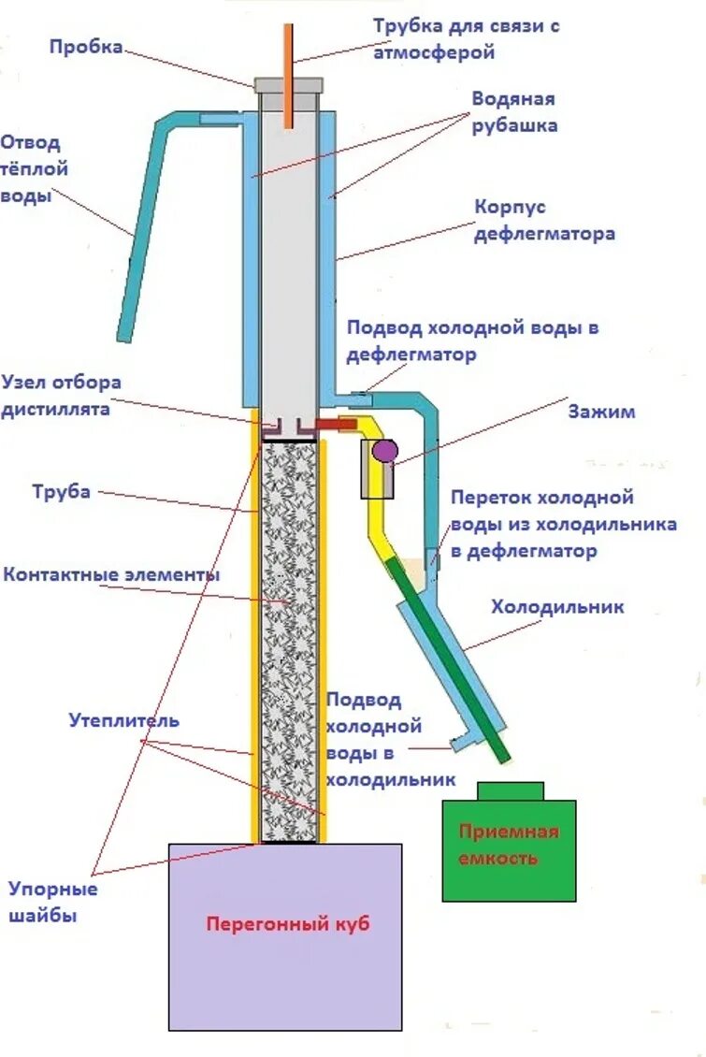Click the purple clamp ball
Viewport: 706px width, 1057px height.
(x=383, y=451)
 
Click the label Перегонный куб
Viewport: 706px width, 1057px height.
(x=288, y=924)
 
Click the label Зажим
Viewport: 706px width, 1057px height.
(x=601, y=412)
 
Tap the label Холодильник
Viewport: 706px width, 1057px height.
(x=557, y=607)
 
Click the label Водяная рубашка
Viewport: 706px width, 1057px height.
(x=514, y=112)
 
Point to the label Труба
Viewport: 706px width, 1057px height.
(x=62, y=490)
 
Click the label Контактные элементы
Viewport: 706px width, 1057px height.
(x=111, y=573)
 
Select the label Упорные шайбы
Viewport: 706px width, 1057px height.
(x=53, y=902)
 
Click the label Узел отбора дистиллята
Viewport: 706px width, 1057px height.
(x=62, y=396)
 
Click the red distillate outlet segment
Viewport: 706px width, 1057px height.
(x=338, y=426)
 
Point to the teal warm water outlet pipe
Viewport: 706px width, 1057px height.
(x=136, y=243)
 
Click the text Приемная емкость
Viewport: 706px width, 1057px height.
(x=509, y=845)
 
